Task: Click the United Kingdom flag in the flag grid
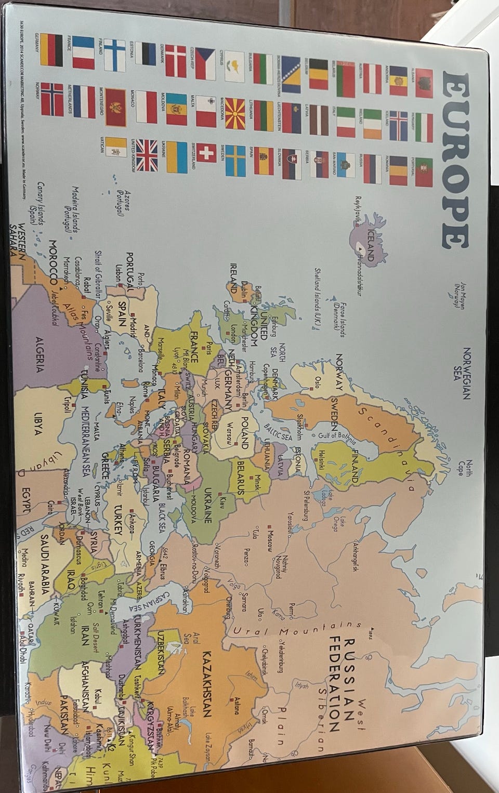(147, 156)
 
